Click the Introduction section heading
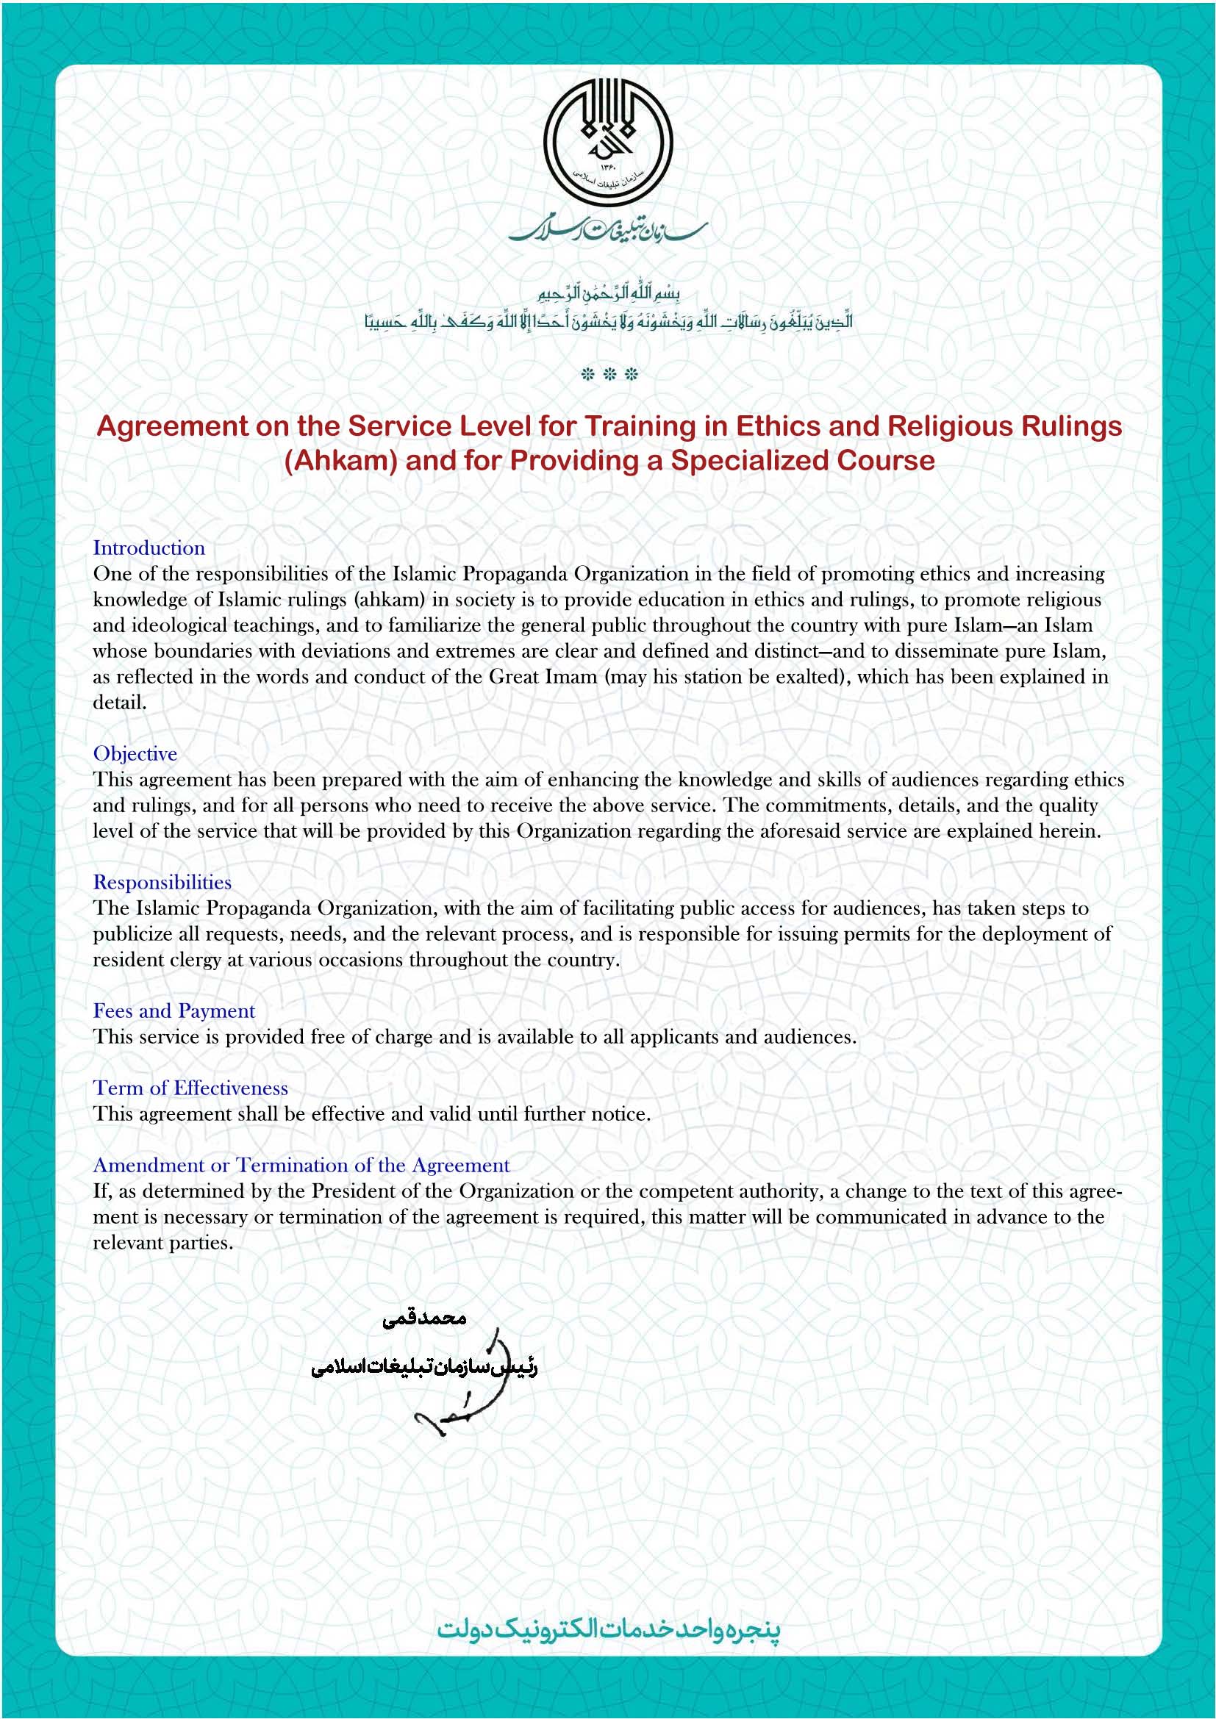point(149,548)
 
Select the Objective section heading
point(135,754)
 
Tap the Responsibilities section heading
point(162,883)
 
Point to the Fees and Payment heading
point(174,1011)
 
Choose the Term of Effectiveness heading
point(190,1088)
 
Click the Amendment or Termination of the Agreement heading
point(301,1166)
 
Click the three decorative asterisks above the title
point(609,374)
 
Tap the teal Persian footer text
point(608,1629)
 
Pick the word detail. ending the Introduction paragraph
point(120,703)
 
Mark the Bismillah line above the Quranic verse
point(608,292)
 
